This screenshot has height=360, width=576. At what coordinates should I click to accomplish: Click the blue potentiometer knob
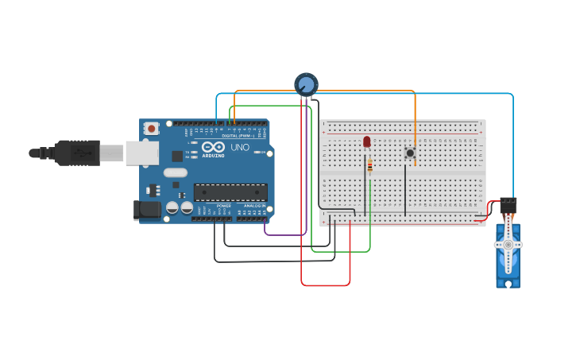[306, 83]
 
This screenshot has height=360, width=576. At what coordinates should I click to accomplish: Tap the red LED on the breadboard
[366, 141]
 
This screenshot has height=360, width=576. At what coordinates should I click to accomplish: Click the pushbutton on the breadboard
[410, 153]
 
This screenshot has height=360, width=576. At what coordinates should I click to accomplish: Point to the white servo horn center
[508, 245]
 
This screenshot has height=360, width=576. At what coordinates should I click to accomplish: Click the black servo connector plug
[508, 204]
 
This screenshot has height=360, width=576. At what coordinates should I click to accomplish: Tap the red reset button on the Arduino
[151, 127]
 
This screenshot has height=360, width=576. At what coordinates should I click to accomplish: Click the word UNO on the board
[239, 148]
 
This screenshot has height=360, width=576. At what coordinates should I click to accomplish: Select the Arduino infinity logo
[212, 147]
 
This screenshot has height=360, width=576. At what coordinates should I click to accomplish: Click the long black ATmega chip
[230, 192]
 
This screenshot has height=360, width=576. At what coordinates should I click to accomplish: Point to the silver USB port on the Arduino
[141, 153]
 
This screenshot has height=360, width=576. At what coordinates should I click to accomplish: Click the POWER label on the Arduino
[224, 206]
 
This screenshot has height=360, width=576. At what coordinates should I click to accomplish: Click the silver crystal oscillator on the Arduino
[175, 172]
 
